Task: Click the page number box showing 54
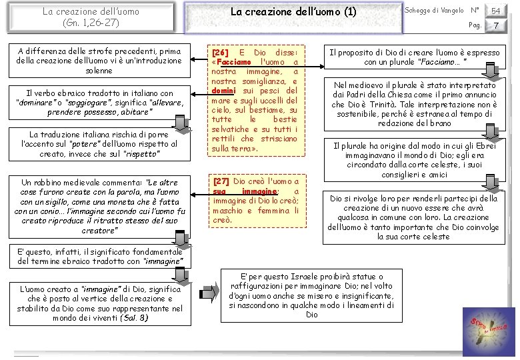click(x=495, y=11)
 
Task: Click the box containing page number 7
click(x=495, y=25)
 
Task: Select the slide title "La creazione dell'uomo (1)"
click(x=293, y=12)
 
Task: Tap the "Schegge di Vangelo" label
click(x=434, y=10)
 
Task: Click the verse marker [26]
click(x=219, y=52)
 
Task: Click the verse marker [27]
click(x=220, y=181)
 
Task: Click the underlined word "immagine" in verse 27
click(x=260, y=191)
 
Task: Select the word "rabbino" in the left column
click(x=54, y=182)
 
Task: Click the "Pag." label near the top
click(x=475, y=25)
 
